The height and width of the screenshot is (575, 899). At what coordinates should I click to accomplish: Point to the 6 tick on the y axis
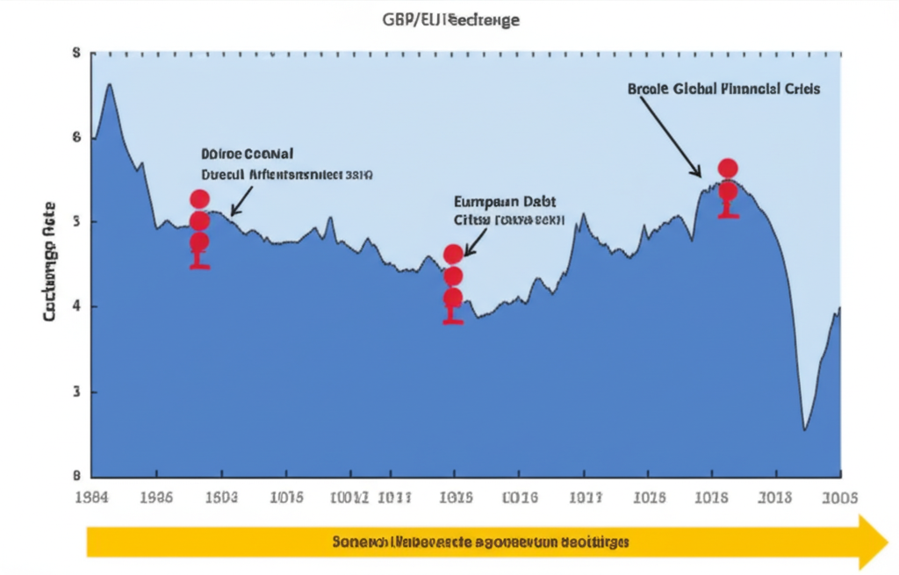coord(76,137)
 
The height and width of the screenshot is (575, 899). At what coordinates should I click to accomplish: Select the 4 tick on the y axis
coord(76,306)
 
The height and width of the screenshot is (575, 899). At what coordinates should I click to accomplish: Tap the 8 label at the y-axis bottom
coord(76,475)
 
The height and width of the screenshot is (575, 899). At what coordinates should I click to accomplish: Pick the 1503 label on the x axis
coord(219,498)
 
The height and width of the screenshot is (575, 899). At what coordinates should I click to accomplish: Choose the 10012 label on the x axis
coord(349,498)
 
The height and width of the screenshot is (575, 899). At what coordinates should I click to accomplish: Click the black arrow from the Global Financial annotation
coord(672,136)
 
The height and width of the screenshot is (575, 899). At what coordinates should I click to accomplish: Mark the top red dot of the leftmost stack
coord(199,199)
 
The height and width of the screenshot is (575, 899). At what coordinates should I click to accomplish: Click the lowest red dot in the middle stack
coord(453,298)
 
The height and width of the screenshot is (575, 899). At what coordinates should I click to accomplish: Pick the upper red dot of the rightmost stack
coord(728,169)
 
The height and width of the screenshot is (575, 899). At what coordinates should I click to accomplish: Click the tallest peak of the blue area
coord(109,84)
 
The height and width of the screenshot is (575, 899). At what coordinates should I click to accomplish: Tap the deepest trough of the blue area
coord(804,429)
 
